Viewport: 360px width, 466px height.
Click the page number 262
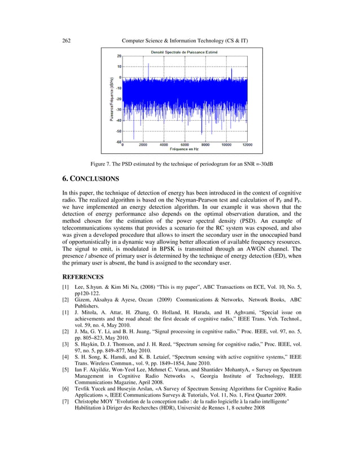65,41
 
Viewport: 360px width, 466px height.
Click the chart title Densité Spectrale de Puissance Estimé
183,52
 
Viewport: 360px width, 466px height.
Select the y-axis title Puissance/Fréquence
112,99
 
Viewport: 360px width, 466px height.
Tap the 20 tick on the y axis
119,56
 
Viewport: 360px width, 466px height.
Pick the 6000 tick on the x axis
185,144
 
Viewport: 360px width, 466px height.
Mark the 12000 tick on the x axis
247,144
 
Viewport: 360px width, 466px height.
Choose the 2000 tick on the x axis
143,144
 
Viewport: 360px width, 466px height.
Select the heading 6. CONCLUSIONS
90,179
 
